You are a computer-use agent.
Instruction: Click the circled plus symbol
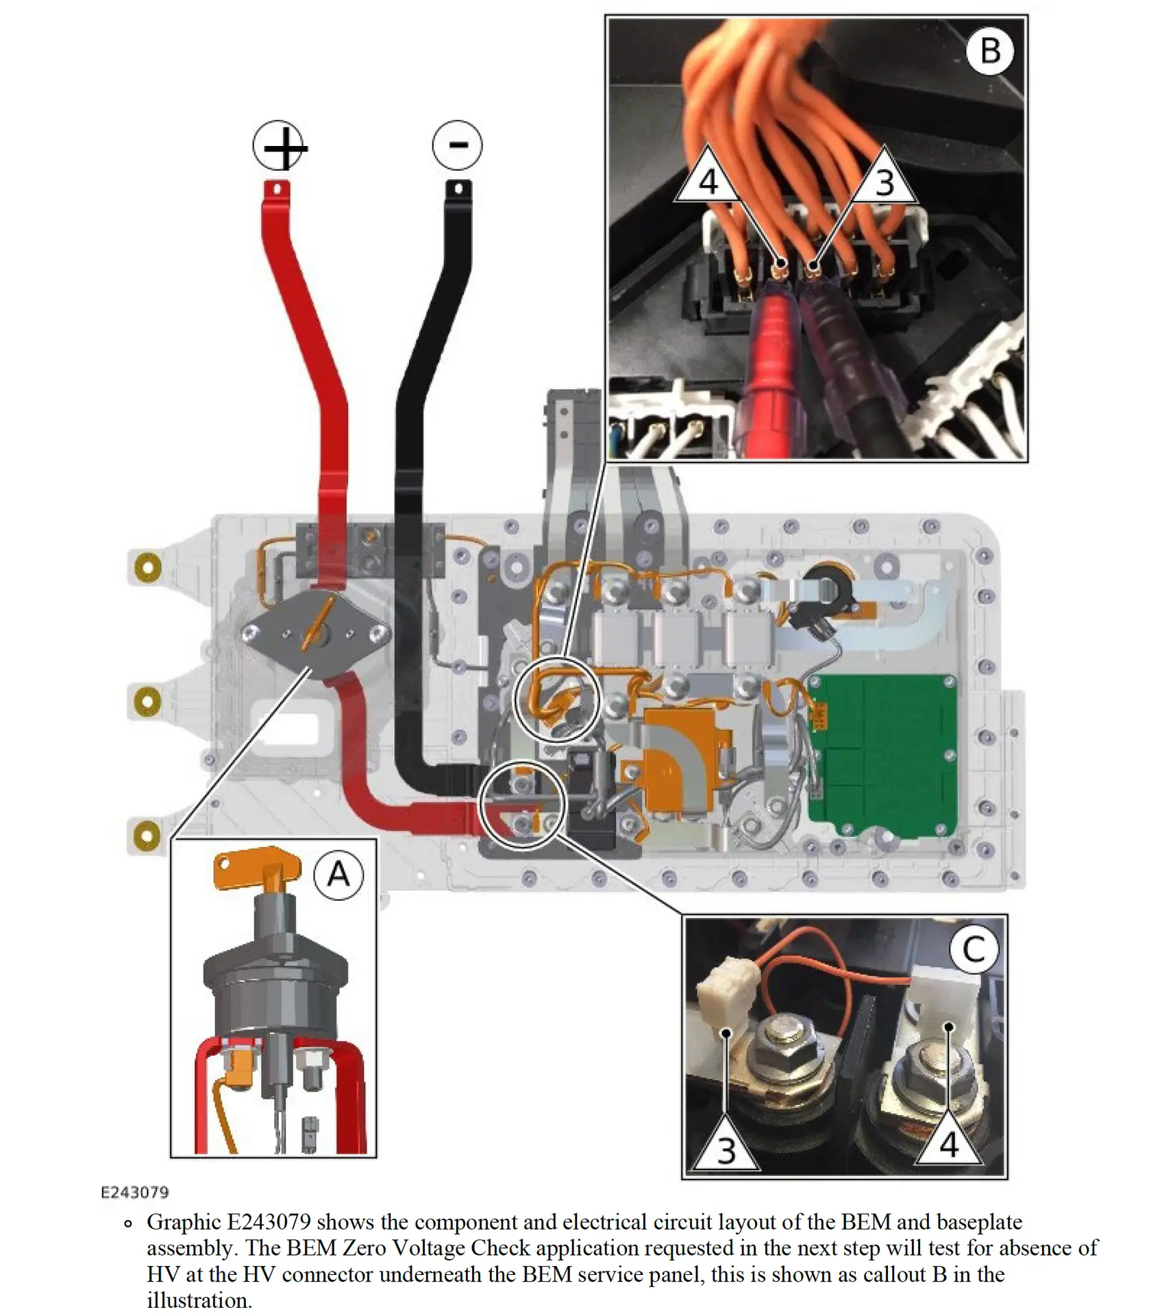(x=279, y=146)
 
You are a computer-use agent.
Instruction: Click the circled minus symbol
(x=457, y=145)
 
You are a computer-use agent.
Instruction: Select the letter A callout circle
(x=338, y=875)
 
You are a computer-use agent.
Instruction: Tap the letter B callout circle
(x=989, y=51)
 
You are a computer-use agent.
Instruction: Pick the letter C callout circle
(x=974, y=949)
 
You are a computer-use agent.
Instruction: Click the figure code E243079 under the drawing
(x=135, y=1193)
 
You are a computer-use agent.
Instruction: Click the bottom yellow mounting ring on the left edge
(x=147, y=835)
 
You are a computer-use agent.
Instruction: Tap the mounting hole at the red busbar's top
(x=277, y=188)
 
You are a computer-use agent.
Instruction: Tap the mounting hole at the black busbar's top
(x=458, y=188)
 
